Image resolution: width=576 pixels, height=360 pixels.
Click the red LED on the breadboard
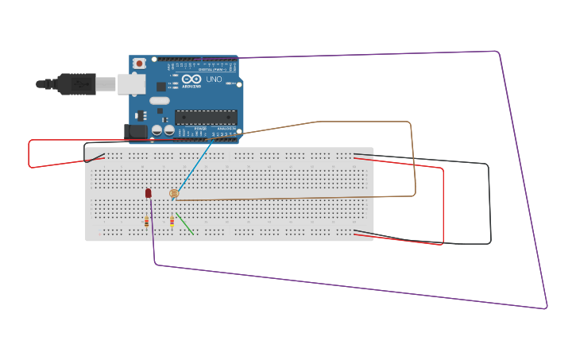click(x=148, y=193)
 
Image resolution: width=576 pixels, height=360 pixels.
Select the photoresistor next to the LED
click(x=174, y=193)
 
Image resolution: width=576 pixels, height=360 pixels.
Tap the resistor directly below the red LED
click(x=147, y=223)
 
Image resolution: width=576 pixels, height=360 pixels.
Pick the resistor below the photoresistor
click(x=172, y=222)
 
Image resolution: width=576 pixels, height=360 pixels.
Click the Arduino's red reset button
click(x=140, y=63)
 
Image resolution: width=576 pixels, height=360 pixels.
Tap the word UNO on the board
click(x=214, y=79)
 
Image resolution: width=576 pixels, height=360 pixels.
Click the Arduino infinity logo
click(x=191, y=79)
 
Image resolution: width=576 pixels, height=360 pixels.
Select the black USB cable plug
click(x=76, y=83)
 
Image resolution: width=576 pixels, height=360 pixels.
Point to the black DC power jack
click(x=135, y=131)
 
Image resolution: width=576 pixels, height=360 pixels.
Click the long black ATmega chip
click(x=206, y=118)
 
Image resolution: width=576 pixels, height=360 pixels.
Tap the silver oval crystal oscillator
click(x=160, y=101)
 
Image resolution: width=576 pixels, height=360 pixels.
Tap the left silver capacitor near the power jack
click(x=157, y=129)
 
